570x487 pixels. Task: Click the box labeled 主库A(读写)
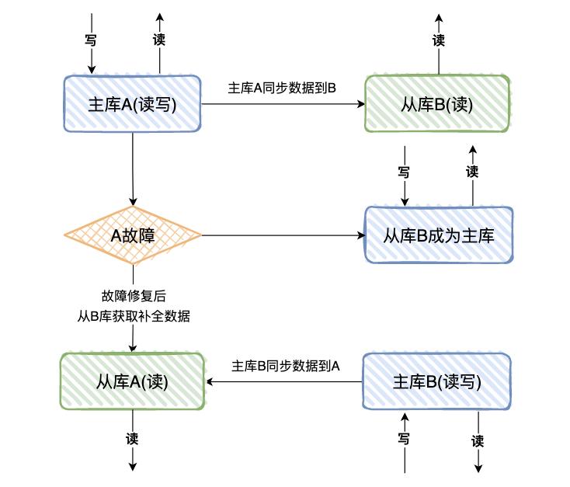132,105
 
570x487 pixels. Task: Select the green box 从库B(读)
438,105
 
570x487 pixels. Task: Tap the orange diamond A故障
133,235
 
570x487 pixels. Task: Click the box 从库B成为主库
439,235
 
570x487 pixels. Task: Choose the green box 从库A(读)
132,381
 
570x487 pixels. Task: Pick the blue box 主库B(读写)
437,381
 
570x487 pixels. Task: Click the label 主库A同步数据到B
282,88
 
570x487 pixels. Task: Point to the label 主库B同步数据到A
287,364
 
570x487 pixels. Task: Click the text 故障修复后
134,295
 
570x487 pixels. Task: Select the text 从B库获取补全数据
134,316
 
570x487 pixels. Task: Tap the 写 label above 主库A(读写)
90,39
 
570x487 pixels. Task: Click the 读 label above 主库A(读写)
159,39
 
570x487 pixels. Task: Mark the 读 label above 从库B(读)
439,40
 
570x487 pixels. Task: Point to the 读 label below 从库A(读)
133,438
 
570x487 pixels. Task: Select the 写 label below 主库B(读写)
404,439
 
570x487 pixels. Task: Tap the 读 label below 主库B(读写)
477,440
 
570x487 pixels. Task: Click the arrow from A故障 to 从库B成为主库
283,235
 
